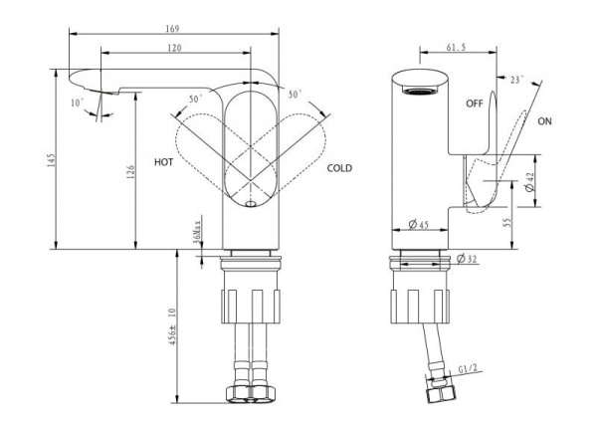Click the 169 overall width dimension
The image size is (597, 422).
click(x=175, y=29)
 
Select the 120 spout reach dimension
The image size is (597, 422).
click(x=175, y=48)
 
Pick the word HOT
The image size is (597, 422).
click(x=165, y=160)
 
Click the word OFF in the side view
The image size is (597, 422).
click(x=475, y=103)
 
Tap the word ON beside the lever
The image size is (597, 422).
click(x=544, y=121)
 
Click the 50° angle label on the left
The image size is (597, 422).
click(x=195, y=99)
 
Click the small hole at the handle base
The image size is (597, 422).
click(x=249, y=203)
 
